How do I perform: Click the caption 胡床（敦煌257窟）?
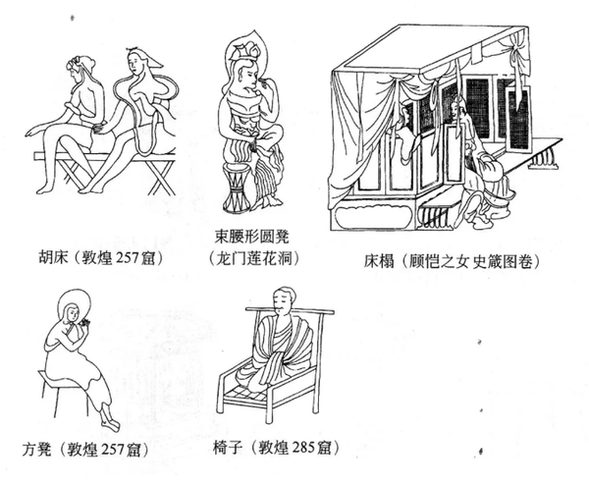(101, 257)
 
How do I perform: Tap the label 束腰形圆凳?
(252, 237)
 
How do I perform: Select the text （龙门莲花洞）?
(254, 258)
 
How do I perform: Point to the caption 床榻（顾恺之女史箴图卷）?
(452, 261)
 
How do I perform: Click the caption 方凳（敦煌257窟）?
(84, 449)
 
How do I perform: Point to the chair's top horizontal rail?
(290, 310)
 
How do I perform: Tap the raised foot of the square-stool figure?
(110, 422)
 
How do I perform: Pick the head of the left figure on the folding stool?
(80, 70)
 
